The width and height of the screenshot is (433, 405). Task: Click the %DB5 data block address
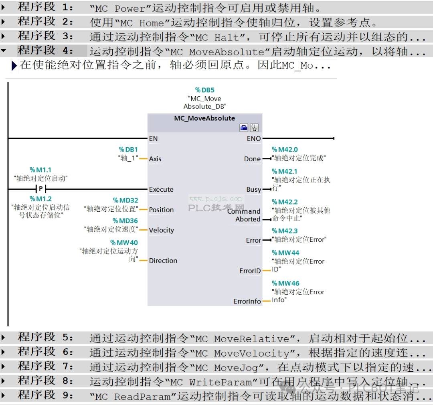(x=204, y=90)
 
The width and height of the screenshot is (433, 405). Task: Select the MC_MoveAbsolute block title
(x=204, y=118)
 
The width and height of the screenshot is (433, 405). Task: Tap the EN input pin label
(x=153, y=139)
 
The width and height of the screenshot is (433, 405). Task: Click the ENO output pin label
(x=254, y=139)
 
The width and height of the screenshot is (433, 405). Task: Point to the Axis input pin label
(x=155, y=159)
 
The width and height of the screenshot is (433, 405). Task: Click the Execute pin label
(x=161, y=190)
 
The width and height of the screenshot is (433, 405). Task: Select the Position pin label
(x=161, y=210)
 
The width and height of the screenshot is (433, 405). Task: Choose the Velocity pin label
(x=162, y=231)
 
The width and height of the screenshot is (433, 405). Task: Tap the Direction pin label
(x=163, y=261)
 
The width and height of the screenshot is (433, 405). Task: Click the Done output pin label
(x=253, y=159)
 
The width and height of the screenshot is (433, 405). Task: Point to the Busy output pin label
(x=254, y=190)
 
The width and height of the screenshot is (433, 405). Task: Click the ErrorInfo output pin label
(x=247, y=302)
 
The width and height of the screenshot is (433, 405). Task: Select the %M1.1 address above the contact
(x=40, y=170)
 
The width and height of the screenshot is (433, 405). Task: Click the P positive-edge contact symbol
(x=41, y=189)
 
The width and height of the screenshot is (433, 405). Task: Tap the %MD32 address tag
(x=125, y=200)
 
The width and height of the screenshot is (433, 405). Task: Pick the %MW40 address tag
(x=124, y=243)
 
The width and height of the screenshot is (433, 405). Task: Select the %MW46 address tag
(x=285, y=283)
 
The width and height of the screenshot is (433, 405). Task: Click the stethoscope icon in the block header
(x=254, y=128)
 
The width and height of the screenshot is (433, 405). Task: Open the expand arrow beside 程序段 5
(x=3, y=337)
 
